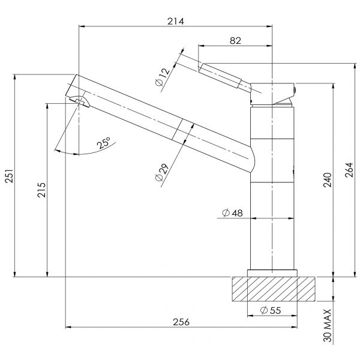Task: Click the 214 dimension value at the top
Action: click(176, 22)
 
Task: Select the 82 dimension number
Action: click(236, 41)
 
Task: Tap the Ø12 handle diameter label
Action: click(163, 77)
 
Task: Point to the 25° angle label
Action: click(104, 143)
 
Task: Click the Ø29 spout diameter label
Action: click(162, 172)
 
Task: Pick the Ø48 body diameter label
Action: click(232, 213)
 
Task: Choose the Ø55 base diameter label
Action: click(271, 310)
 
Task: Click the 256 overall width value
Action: click(181, 322)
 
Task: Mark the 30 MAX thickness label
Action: click(328, 326)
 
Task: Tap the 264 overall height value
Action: click(349, 170)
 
